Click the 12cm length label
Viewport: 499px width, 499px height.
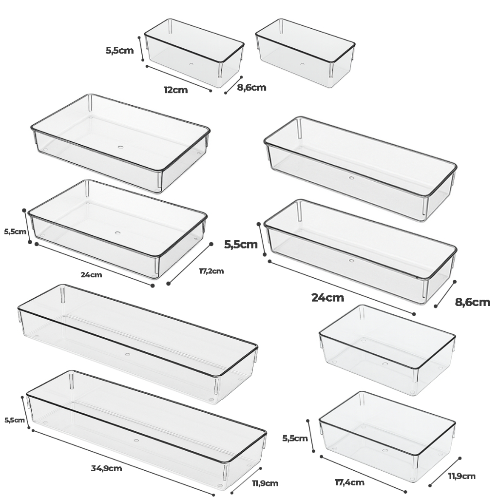[x=175, y=90]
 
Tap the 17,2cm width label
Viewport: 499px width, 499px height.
[x=211, y=271]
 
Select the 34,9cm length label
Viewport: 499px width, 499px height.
[x=106, y=468]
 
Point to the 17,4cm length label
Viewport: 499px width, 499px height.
[x=349, y=482]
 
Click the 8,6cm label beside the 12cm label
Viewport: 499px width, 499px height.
[x=251, y=88]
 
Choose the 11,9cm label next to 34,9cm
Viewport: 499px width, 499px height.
[x=265, y=483]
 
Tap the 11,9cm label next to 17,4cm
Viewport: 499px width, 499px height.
[x=462, y=476]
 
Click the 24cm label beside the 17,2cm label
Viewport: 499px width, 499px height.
[x=91, y=275]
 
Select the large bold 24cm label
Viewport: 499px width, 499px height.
[x=327, y=298]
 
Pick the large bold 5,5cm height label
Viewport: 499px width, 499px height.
[x=241, y=245]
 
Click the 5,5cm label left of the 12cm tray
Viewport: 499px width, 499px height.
[x=120, y=50]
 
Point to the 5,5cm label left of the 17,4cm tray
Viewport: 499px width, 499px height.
[x=295, y=438]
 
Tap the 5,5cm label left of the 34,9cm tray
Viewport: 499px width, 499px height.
[x=14, y=420]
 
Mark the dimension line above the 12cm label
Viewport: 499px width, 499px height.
[x=178, y=78]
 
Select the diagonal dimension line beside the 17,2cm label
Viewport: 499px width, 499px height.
[x=190, y=264]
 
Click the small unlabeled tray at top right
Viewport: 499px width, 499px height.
[x=305, y=53]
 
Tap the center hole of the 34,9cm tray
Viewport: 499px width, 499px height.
[x=136, y=441]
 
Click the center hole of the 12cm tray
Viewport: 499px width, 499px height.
[x=191, y=64]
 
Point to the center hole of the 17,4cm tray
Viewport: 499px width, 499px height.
[x=385, y=451]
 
